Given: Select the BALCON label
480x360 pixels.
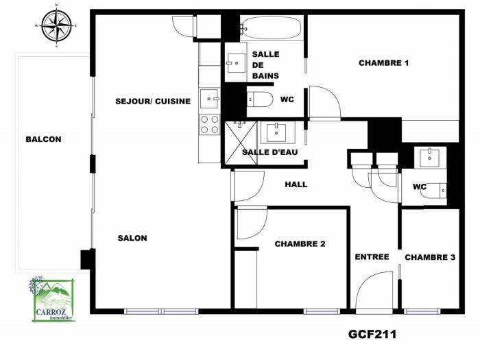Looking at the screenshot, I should click(43, 139).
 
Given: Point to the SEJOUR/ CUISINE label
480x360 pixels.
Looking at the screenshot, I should click(153, 101).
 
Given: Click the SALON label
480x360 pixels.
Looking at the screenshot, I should click(132, 238).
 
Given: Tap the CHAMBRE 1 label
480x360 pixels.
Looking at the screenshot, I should click(384, 63).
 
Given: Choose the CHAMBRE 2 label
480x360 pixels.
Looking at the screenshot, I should click(300, 243).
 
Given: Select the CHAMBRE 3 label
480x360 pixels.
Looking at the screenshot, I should click(430, 257).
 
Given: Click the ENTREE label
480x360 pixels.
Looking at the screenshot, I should click(372, 256).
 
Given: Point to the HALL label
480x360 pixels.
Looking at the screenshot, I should click(296, 184).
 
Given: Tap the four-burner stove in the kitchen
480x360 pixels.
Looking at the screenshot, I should click(209, 124).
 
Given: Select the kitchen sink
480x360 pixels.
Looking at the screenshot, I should click(209, 99).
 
